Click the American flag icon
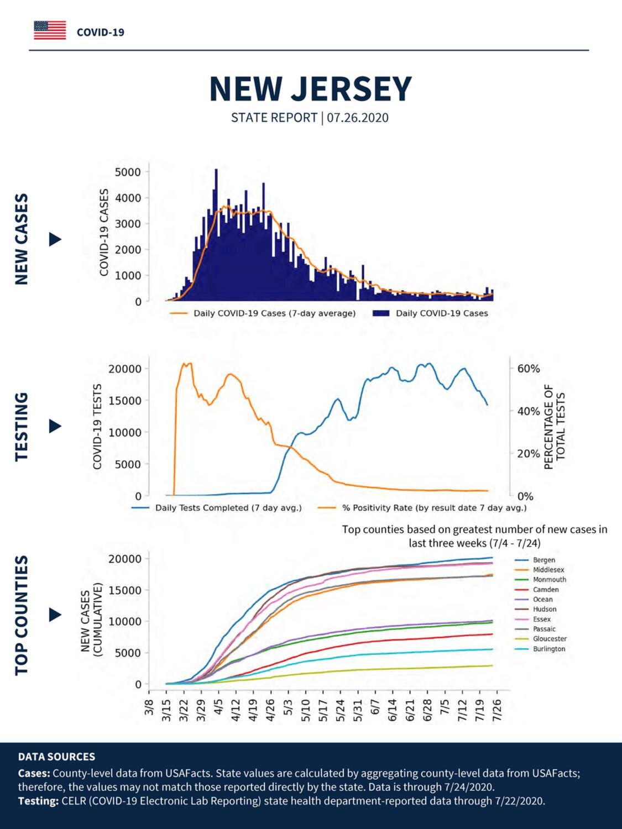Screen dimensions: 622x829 click(50, 30)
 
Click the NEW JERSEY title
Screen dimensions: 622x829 click(310, 89)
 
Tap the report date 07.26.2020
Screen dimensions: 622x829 click(358, 118)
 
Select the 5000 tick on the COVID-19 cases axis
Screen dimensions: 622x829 click(127, 172)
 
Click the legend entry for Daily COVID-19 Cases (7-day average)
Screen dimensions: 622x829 click(263, 313)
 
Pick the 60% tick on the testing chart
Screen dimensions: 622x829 click(529, 369)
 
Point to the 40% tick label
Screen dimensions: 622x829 click(529, 411)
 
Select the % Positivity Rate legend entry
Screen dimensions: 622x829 click(422, 508)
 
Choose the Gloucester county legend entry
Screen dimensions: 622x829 click(541, 639)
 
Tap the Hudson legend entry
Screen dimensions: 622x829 click(536, 609)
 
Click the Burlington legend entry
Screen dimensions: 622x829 click(540, 649)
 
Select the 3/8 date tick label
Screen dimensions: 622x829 click(149, 706)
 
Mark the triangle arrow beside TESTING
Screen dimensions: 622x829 click(55, 427)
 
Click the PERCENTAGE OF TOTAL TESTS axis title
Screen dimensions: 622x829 click(554, 427)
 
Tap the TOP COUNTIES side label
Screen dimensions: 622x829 click(22, 615)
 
